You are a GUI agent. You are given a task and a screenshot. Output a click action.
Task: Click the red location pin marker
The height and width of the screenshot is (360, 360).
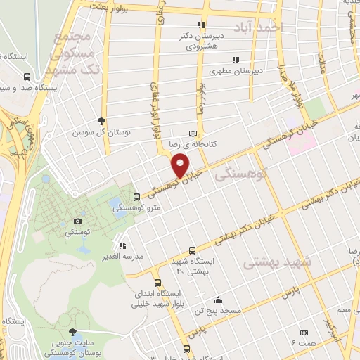181,166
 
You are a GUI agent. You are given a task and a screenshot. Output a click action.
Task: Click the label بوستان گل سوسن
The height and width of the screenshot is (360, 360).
100,131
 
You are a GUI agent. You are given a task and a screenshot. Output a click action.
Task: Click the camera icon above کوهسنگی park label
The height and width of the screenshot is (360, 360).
78,221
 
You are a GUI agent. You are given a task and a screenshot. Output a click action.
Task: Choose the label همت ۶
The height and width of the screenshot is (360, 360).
307,342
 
